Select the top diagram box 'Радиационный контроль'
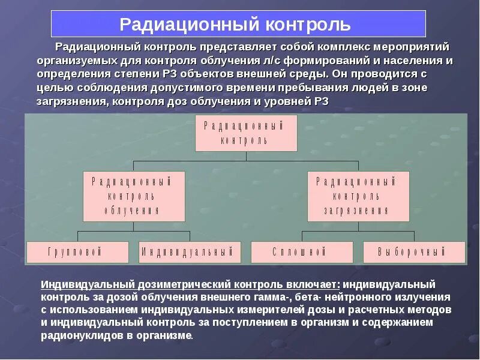point(247,133)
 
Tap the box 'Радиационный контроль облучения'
point(134,196)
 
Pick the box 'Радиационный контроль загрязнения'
point(358,196)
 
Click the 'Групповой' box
point(77,252)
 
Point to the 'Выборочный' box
point(414,252)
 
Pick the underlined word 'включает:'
point(310,284)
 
